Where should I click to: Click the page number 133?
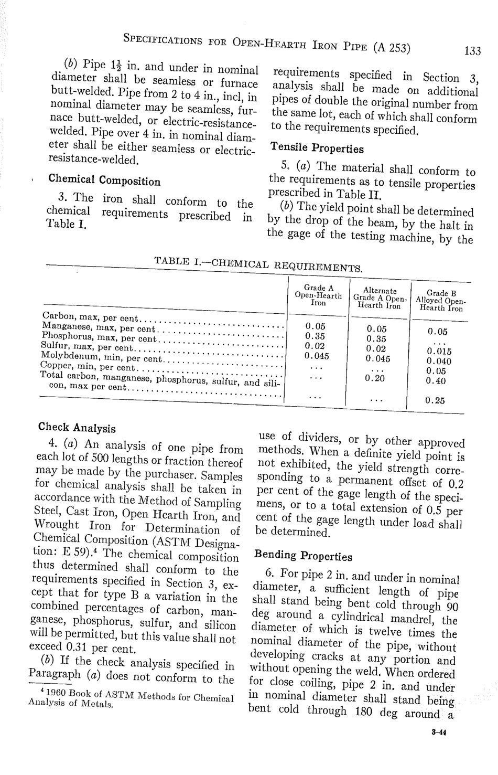point(472,51)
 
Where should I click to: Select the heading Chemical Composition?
point(104,180)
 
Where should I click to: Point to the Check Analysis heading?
point(77,427)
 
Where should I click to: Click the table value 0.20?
point(375,378)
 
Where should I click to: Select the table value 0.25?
point(435,400)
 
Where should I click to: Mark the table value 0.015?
point(439,352)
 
